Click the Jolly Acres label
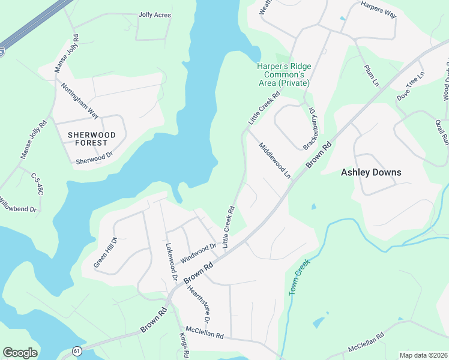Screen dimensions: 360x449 (x=154, y=15)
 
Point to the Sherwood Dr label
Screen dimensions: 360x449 (x=94, y=158)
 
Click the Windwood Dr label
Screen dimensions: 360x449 (x=197, y=252)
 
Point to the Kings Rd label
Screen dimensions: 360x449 (x=184, y=343)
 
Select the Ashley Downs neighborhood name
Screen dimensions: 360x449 (x=371, y=172)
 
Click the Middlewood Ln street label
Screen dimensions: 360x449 (x=275, y=161)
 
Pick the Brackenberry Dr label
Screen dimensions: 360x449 (x=310, y=128)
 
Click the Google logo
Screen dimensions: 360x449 (x=20, y=353)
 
